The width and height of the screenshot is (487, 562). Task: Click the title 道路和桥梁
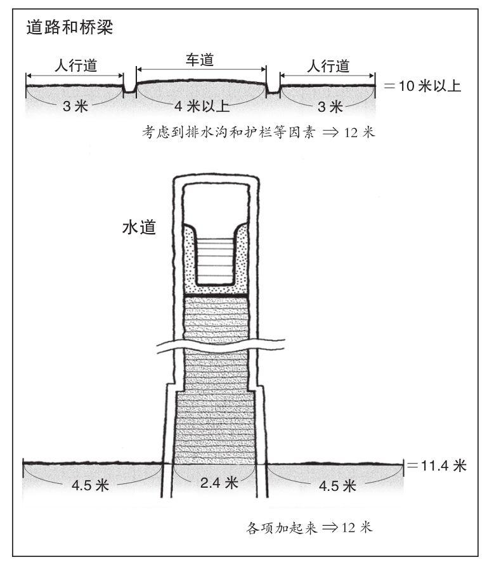[x=70, y=27]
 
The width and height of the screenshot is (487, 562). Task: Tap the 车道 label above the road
[x=200, y=60]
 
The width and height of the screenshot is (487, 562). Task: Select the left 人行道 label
[x=76, y=65]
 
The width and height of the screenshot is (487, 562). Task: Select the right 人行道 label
[x=328, y=66]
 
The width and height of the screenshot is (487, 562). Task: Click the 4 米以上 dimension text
[x=202, y=106]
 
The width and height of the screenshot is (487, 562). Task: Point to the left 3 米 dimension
[x=75, y=106]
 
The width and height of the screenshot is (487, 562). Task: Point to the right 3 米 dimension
[x=330, y=107]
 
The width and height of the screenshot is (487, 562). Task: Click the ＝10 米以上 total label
[x=422, y=86]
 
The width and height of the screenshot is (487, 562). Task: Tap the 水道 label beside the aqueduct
[x=140, y=227]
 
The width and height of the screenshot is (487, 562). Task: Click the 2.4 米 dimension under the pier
[x=219, y=483]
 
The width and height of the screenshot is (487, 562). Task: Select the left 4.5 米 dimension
[x=90, y=485]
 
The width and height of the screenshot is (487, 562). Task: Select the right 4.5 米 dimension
[x=337, y=486]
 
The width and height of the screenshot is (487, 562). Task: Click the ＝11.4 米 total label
[x=437, y=465]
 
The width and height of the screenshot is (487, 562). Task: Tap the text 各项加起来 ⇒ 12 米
[x=309, y=528]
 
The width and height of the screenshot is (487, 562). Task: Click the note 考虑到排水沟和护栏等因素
[x=228, y=132]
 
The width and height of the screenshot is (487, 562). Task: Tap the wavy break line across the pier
[x=221, y=344]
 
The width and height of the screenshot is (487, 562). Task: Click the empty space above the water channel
[x=215, y=204]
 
